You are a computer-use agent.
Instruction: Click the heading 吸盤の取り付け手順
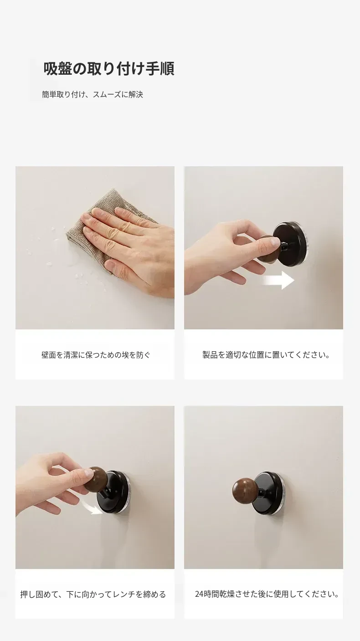click(x=109, y=69)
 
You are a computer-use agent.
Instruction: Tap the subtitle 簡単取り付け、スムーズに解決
click(x=93, y=94)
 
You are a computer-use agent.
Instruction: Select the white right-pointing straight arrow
click(x=278, y=280)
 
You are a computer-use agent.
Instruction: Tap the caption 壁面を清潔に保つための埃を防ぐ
click(x=96, y=355)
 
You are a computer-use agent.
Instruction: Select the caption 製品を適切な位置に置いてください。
click(x=266, y=355)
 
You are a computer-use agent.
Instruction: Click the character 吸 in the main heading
click(x=51, y=69)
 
